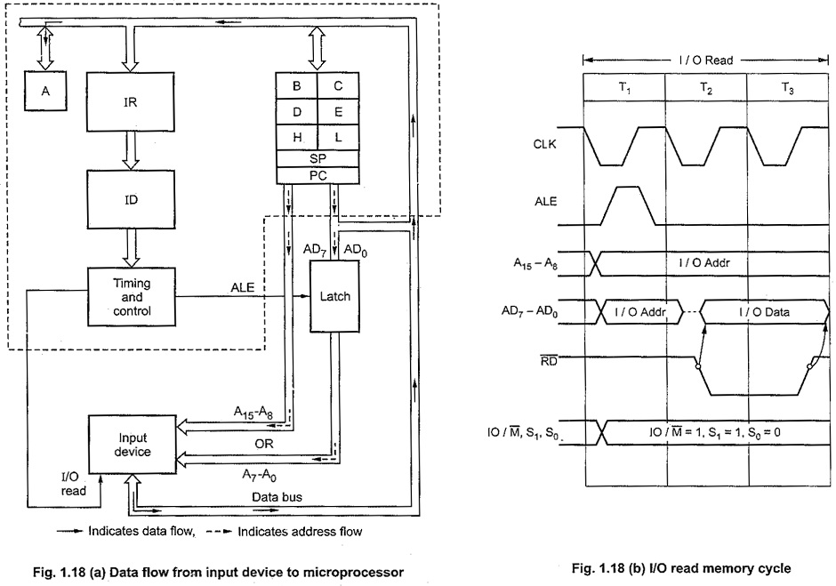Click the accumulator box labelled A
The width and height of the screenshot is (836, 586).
tap(45, 91)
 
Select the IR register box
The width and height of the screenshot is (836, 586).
tap(131, 102)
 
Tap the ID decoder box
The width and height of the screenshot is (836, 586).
tap(131, 199)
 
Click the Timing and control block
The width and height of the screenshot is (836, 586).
tap(131, 297)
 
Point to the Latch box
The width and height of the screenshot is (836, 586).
tap(334, 296)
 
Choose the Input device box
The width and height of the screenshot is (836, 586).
tap(132, 445)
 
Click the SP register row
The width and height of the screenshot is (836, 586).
tap(318, 159)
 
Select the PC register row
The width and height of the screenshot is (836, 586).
tap(318, 175)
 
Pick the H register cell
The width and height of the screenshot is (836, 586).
tap(296, 138)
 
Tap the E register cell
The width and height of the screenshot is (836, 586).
tap(338, 112)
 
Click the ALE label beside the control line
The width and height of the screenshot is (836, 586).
tap(243, 288)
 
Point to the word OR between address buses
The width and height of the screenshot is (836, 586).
tap(264, 444)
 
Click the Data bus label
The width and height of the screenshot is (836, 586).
tap(277, 497)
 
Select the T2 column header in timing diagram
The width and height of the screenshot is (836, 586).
tap(706, 88)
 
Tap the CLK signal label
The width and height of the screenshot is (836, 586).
tap(544, 144)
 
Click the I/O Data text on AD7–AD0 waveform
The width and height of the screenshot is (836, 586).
tap(764, 312)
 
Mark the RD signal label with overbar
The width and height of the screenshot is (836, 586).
tap(549, 360)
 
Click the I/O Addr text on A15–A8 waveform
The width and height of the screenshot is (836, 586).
tap(703, 262)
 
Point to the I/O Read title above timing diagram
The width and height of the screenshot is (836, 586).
tap(706, 60)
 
